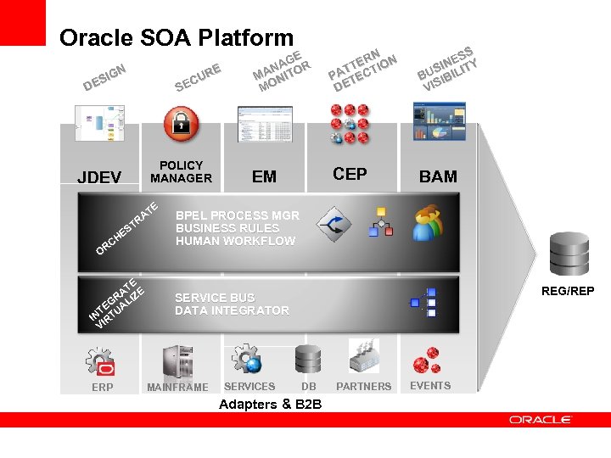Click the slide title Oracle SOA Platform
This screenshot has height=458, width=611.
pos(177,38)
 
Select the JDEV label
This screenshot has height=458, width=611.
pos(99,177)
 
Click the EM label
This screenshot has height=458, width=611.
pos(264,176)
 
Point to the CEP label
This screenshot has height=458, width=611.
pos(350,174)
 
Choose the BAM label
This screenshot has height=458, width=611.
pos(438,176)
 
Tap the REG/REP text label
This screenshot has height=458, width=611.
pos(568,292)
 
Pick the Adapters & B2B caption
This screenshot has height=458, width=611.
pos(270,404)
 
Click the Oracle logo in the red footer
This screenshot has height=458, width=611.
pos(541,419)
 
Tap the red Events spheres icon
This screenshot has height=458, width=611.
pos(427,360)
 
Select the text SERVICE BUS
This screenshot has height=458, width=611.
pos(215,298)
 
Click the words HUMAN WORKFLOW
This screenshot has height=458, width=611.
pos(235,241)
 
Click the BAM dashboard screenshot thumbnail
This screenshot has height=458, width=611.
pos(439,121)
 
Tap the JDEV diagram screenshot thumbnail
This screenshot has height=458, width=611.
pos(99,124)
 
